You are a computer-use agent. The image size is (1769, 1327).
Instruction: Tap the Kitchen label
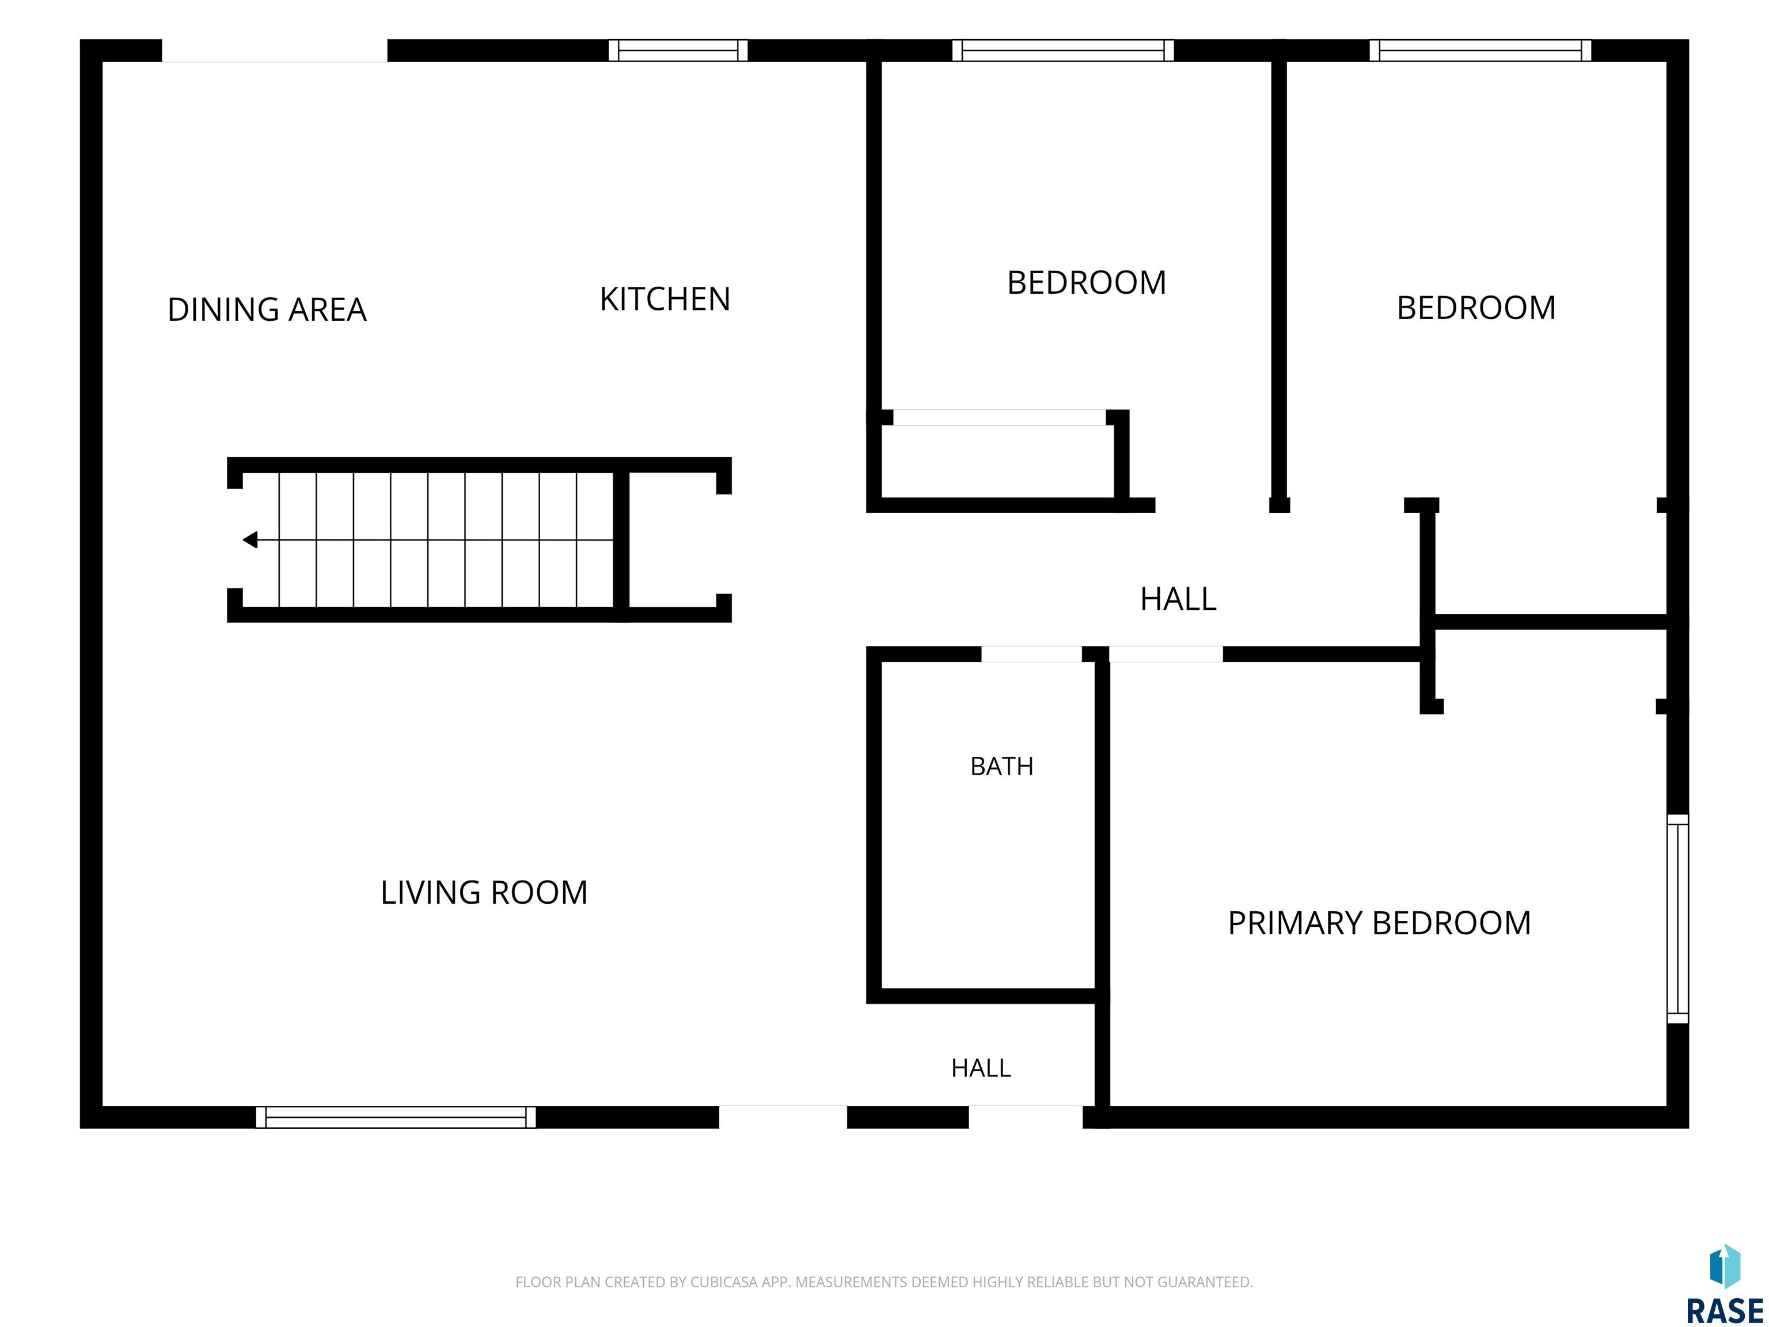[665, 299]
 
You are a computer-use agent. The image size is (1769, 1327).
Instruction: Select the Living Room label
[484, 893]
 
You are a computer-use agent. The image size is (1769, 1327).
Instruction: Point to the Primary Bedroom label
[1379, 923]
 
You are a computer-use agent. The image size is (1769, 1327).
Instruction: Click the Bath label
[1001, 766]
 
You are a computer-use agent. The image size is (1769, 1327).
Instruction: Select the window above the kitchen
[678, 50]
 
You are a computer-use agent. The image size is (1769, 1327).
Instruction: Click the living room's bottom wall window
[396, 1117]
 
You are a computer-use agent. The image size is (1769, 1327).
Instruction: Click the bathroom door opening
[1032, 654]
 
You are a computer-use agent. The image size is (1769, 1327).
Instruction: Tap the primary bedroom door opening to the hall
[1166, 654]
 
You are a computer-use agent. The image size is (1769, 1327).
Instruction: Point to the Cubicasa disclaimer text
[884, 1282]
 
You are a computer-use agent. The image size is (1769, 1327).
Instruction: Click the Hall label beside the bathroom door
[1178, 599]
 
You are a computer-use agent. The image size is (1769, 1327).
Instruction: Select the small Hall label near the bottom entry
[981, 1068]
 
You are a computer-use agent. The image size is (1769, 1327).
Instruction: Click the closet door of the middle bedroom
[1000, 418]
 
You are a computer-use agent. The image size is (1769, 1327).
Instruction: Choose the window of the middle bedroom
[1063, 50]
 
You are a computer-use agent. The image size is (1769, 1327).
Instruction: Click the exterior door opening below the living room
[783, 1117]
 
